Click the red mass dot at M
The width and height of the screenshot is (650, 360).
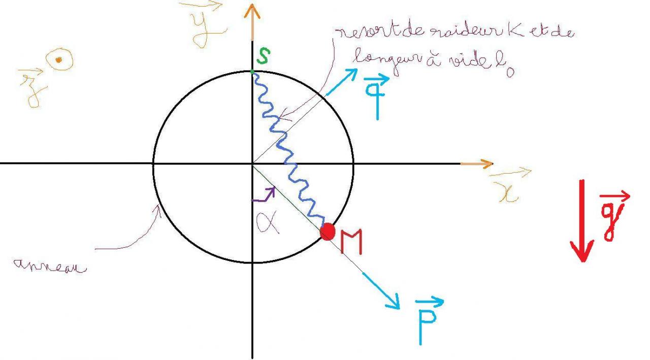(x=328, y=232)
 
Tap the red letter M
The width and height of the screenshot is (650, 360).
(x=351, y=242)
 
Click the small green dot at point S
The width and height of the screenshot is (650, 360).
(x=253, y=72)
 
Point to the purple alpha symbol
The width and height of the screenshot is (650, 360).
(x=267, y=222)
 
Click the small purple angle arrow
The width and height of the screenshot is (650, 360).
(x=265, y=194)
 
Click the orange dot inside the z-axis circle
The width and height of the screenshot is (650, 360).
(x=59, y=60)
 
